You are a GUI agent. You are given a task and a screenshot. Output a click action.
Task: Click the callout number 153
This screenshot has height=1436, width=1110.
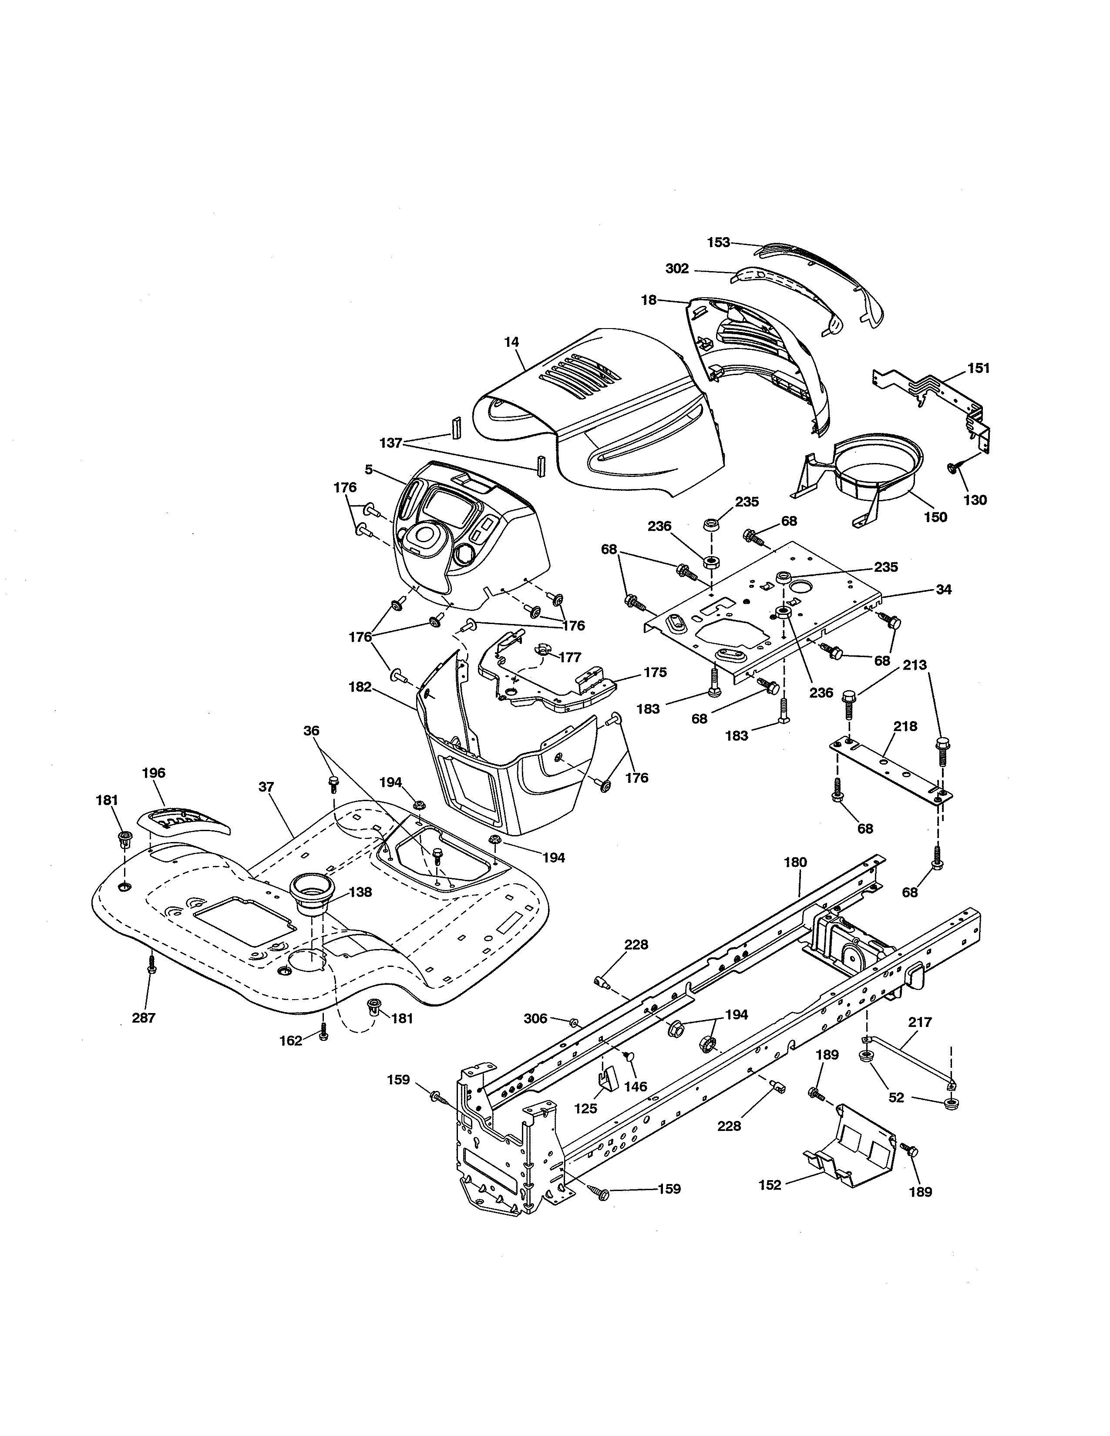(718, 243)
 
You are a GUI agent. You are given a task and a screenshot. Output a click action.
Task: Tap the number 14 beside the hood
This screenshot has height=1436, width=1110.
(511, 342)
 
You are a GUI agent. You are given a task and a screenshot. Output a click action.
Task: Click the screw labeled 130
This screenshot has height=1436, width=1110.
(953, 467)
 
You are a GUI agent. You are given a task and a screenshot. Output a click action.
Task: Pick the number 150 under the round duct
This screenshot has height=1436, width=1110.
(935, 517)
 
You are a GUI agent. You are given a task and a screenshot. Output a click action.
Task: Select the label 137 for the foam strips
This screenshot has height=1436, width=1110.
(390, 443)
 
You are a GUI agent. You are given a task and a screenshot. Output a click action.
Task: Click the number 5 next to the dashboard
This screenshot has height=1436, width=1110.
(368, 470)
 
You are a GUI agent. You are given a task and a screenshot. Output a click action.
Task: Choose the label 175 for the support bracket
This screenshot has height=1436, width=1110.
(655, 673)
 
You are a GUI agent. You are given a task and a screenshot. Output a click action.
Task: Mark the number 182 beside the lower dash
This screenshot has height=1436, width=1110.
(360, 687)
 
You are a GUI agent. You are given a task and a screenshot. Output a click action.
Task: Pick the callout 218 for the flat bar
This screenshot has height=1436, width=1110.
(905, 727)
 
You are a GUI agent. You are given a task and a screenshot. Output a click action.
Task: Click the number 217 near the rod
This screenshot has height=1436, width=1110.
(919, 1023)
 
